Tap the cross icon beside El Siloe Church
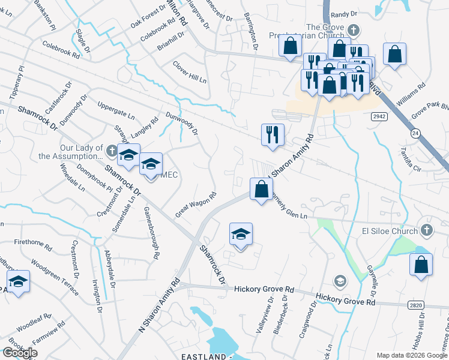coord(426,230)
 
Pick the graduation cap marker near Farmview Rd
coord(19,282)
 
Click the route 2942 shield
coord(395,116)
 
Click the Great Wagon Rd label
coord(195,205)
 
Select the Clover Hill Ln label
coord(190,71)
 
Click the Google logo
coord(19,353)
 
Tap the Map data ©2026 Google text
coord(411,355)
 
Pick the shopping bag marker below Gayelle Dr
coord(421,265)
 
